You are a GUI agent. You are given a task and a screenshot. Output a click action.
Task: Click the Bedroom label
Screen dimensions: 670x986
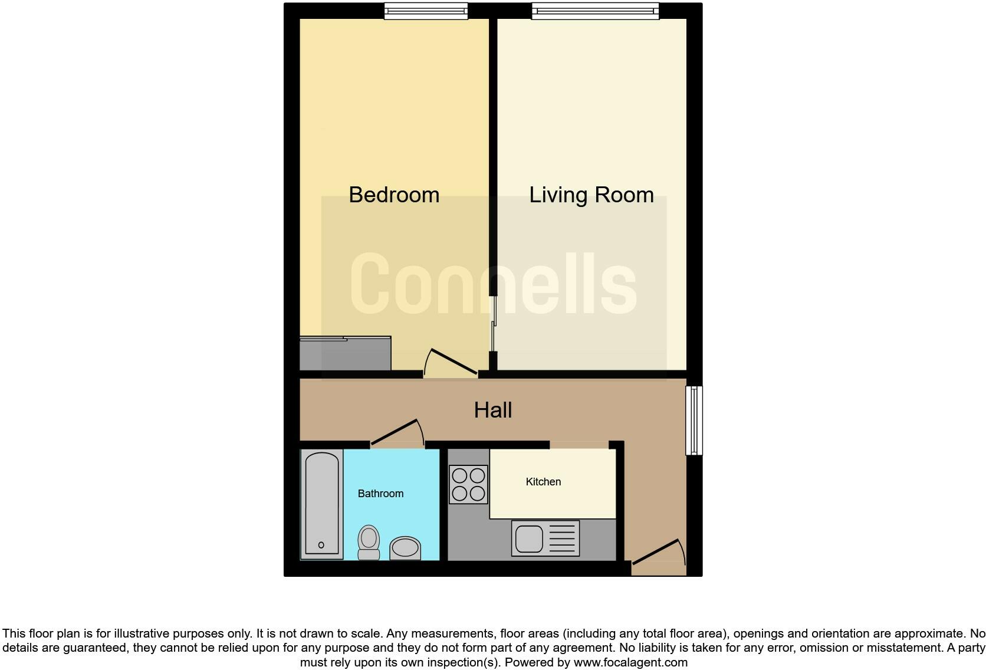point(394,195)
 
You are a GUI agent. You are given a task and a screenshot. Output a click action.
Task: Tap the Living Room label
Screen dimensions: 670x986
point(591,195)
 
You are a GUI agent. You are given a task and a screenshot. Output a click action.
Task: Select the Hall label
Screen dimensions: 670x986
point(492,410)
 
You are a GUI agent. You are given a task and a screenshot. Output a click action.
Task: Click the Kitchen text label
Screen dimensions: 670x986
point(543,482)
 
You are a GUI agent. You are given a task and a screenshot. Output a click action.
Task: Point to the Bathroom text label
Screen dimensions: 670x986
point(380,494)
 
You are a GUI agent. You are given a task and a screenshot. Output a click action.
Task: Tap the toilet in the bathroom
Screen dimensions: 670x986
point(369,541)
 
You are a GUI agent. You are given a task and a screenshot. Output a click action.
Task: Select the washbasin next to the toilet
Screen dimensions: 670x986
point(405,548)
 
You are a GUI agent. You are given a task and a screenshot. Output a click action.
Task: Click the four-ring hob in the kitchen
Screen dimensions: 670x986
point(468,484)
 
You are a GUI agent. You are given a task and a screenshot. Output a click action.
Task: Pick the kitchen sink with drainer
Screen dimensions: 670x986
point(545,538)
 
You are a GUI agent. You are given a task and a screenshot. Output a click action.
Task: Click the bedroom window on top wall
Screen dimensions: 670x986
point(426,11)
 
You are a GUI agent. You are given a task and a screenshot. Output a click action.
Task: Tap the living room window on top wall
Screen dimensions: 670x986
point(595,11)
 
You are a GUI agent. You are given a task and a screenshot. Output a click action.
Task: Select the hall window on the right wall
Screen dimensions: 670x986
point(694,421)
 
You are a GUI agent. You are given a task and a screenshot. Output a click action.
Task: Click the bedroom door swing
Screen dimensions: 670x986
point(451,363)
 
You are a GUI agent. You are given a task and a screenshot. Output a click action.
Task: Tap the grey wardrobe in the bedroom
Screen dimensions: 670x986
point(345,354)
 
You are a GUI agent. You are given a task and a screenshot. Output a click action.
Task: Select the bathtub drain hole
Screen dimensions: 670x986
point(321,545)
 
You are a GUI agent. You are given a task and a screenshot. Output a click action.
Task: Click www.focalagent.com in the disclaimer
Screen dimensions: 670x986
point(630,662)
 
